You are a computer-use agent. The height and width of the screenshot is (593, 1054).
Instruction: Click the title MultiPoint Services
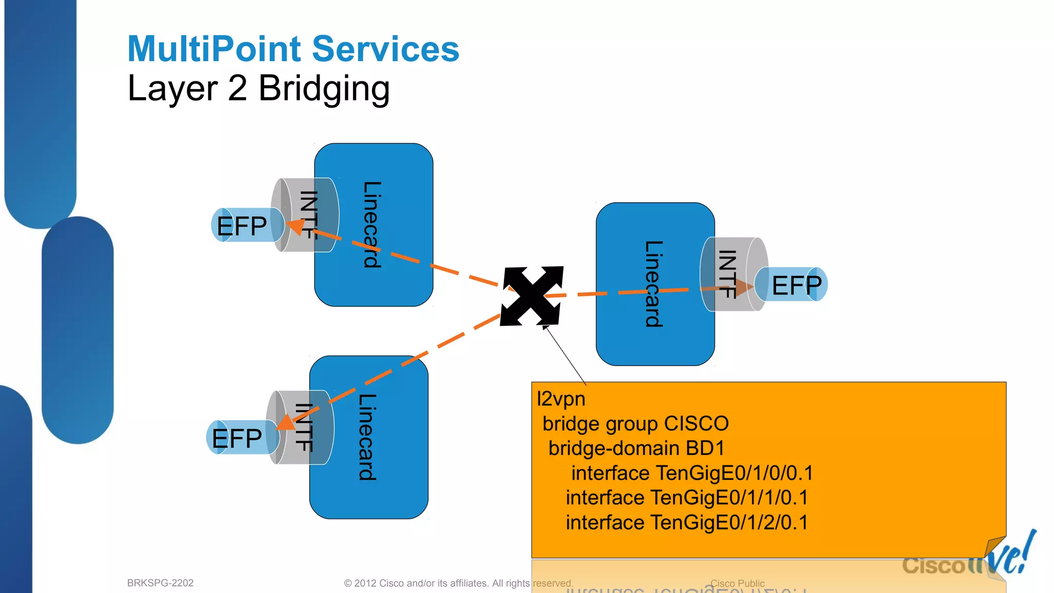pyautogui.click(x=293, y=49)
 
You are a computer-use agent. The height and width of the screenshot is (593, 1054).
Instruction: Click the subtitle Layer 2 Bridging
pyautogui.click(x=258, y=89)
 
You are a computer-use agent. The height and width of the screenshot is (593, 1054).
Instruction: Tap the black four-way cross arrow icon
pyautogui.click(x=532, y=296)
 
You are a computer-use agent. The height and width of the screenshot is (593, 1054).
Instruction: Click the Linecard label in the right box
pyautogui.click(x=654, y=284)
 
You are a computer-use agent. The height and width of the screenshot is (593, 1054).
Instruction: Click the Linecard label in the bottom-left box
pyautogui.click(x=367, y=437)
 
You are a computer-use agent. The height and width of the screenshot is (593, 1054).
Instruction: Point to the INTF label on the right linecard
pyautogui.click(x=727, y=274)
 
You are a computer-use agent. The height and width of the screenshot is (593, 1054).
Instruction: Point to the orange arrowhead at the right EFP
pyautogui.click(x=744, y=287)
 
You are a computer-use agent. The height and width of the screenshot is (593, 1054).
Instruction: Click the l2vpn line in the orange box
pyautogui.click(x=561, y=399)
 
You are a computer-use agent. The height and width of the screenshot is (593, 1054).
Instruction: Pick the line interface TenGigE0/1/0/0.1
pyautogui.click(x=692, y=473)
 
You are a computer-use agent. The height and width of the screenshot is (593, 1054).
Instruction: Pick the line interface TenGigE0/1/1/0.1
pyautogui.click(x=687, y=498)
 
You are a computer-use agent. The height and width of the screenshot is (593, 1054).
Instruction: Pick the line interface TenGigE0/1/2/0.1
pyautogui.click(x=687, y=522)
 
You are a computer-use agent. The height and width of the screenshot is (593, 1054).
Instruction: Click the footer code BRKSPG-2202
pyautogui.click(x=160, y=583)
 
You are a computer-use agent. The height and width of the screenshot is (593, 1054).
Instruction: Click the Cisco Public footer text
pyautogui.click(x=737, y=583)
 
